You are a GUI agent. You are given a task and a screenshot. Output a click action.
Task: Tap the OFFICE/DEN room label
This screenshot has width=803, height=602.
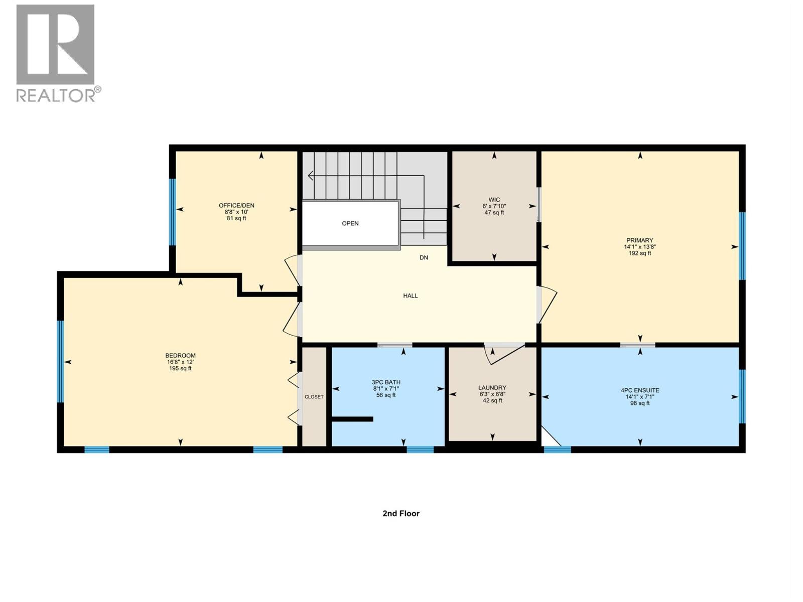pos(236,205)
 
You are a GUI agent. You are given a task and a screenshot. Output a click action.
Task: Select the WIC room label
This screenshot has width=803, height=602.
pos(494,200)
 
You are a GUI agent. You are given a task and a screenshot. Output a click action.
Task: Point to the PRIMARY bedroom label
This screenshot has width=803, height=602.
pos(639,240)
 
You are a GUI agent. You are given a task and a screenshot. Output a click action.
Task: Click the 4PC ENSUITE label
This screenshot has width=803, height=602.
pos(640,390)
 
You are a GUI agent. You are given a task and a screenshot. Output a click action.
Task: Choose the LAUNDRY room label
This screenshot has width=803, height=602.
pos(492,388)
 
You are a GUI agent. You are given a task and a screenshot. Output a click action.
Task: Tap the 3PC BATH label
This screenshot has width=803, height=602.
pos(386,382)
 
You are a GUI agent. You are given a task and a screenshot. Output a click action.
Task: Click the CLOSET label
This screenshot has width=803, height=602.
pos(314,397)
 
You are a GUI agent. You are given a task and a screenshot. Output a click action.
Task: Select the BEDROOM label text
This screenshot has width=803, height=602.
pos(180,356)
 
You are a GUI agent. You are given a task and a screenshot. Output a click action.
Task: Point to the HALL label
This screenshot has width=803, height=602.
pos(410,296)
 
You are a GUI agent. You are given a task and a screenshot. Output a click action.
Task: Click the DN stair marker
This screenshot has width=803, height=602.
pos(424,258)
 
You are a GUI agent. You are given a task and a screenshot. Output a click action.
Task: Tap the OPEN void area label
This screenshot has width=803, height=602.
pos(350,224)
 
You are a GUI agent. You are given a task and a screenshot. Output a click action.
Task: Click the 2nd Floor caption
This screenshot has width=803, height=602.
pos(400,513)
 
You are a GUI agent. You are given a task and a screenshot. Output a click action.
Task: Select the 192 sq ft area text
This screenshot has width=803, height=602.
pos(639,253)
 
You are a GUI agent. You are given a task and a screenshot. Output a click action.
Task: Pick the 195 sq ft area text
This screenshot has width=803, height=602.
pos(180,369)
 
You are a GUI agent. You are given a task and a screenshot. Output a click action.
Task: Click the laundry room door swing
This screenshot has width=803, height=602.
pos(502,354)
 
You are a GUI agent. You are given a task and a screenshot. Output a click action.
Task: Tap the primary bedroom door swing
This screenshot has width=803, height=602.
pos(548,304)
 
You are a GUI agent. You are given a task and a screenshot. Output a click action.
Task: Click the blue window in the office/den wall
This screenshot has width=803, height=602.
pos(172,212)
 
